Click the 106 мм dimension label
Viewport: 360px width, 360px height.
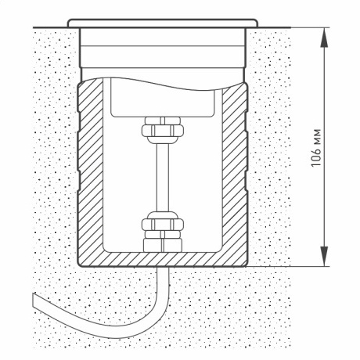pos(316,148)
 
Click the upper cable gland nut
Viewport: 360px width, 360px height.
pos(163,130)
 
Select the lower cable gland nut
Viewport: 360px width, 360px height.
pos(163,225)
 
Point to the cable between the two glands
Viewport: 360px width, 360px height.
pos(163,178)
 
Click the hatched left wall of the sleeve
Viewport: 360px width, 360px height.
pos(90,167)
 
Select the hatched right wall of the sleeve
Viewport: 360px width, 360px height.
pos(234,172)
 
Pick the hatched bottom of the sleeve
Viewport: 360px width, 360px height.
pos(162,260)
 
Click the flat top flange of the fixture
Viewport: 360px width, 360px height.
pos(163,23)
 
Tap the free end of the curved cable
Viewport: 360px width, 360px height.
pos(33,300)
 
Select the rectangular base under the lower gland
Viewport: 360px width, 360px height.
pos(163,245)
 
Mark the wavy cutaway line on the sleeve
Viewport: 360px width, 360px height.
pos(162,84)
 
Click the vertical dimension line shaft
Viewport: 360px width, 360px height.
pos(324,147)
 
